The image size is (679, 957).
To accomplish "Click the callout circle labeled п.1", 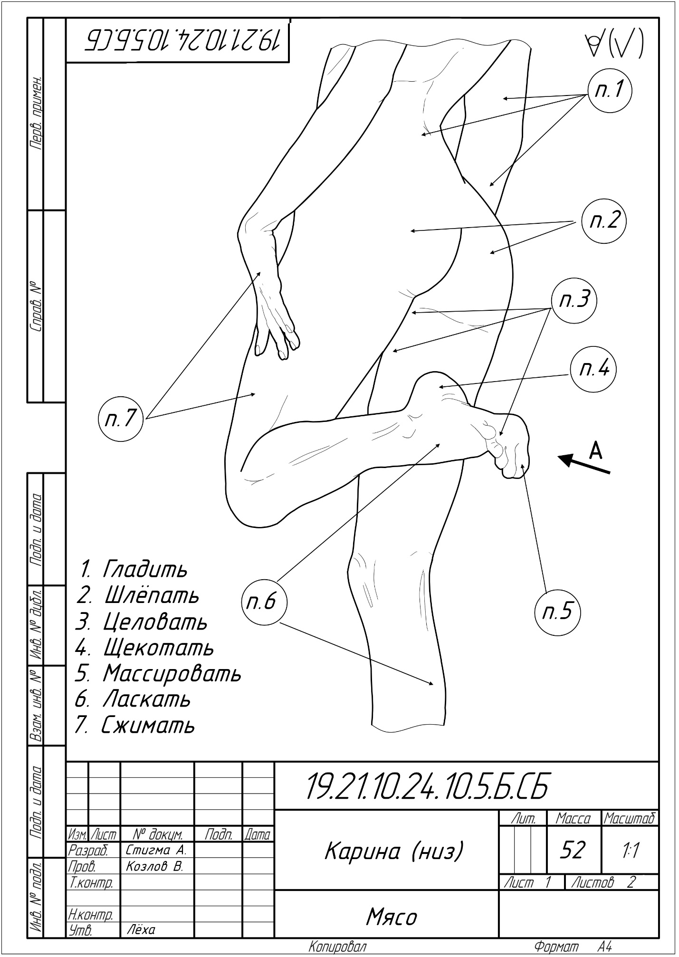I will coord(609,90).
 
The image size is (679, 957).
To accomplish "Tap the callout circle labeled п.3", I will coord(574,300).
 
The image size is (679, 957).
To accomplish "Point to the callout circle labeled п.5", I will coord(558,612).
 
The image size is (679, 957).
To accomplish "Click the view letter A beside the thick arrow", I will coord(595,450).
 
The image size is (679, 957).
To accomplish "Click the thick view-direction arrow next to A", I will coord(583,464).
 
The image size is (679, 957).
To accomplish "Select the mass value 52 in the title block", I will coord(574,849).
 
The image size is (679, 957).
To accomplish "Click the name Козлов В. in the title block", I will coord(154,867).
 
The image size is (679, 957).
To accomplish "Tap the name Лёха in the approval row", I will coord(141,929).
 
